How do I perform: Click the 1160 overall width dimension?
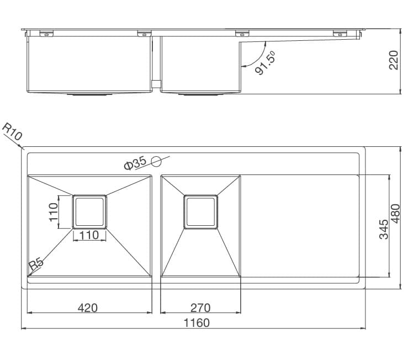[197, 323]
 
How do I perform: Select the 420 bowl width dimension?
[88, 308]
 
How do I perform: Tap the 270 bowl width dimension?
[201, 308]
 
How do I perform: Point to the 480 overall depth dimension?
[396, 214]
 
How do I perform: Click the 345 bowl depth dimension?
[384, 229]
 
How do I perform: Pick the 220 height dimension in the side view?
[394, 60]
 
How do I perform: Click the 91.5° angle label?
[266, 63]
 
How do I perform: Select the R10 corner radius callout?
[12, 132]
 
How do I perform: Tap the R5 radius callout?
[36, 264]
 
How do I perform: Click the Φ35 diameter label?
[135, 163]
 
